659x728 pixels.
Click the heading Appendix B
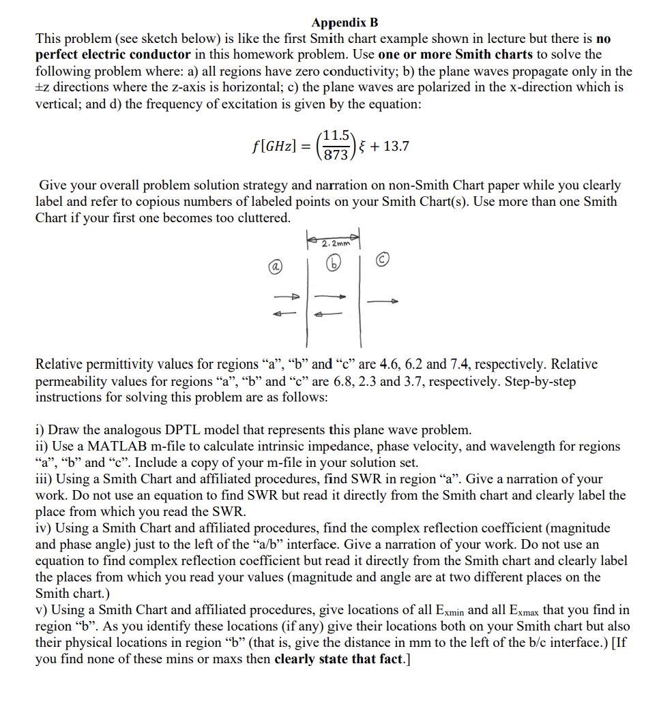coord(345,22)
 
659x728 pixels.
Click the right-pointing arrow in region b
coord(332,296)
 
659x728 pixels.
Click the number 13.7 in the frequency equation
coord(396,146)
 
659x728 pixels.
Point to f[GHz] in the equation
coord(275,146)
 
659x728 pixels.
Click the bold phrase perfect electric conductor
coord(113,55)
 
